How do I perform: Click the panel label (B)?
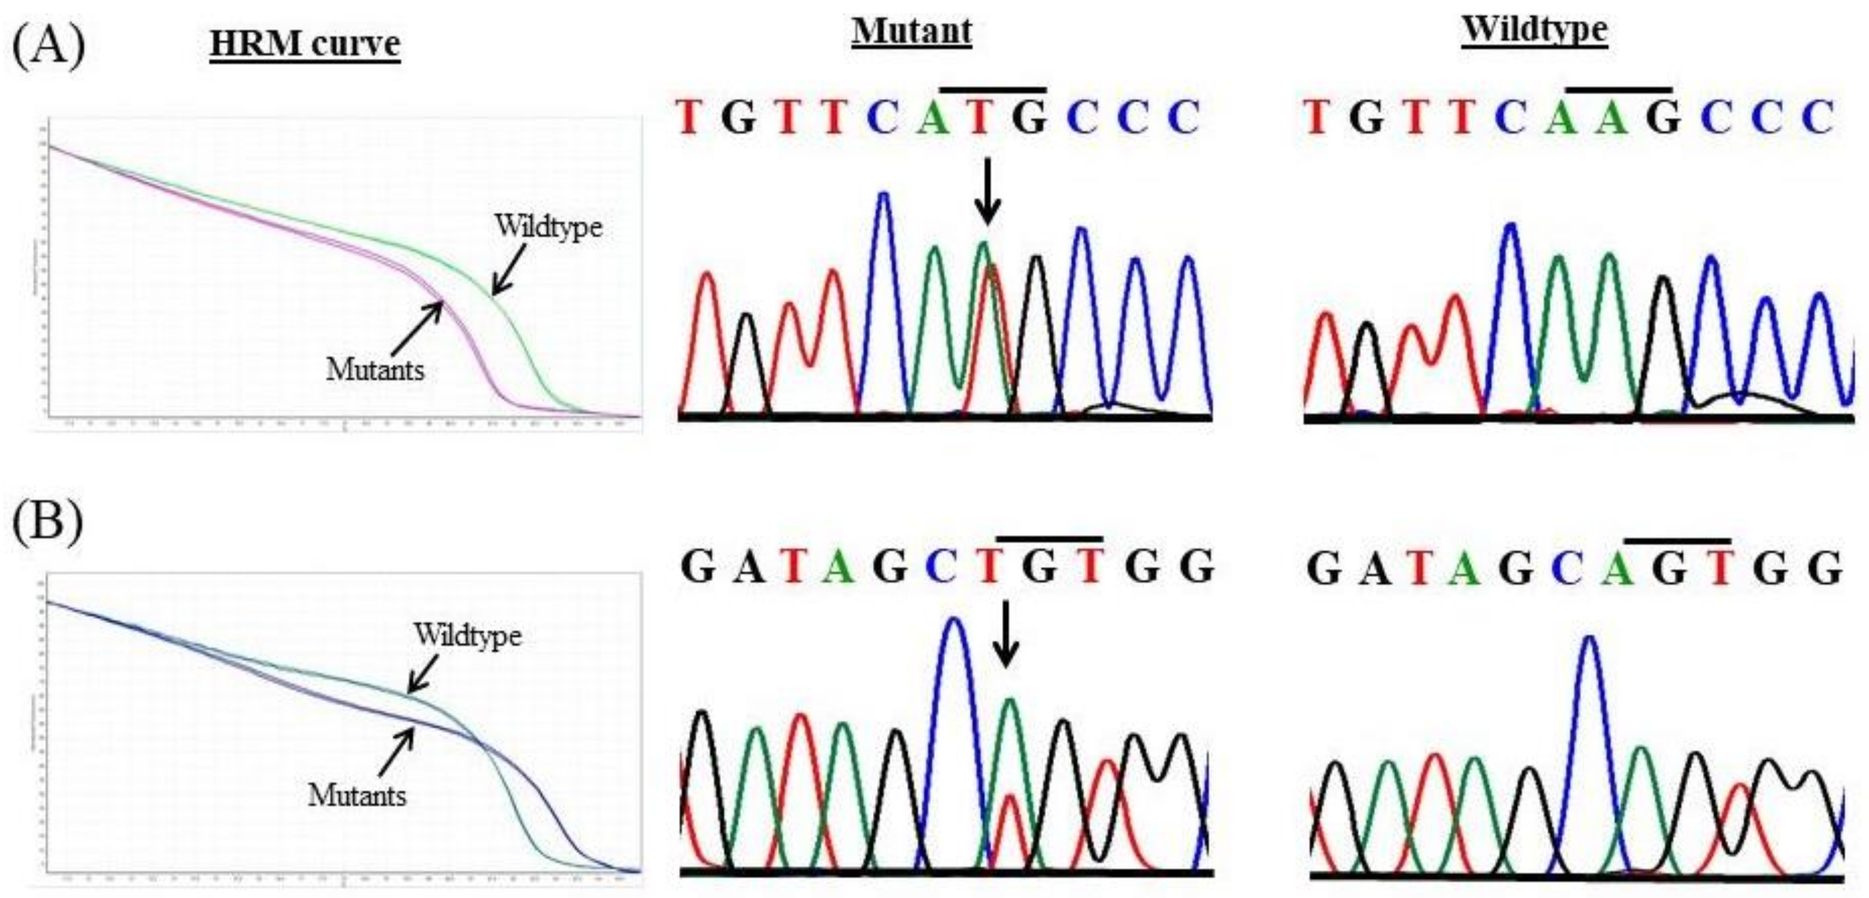click(48, 521)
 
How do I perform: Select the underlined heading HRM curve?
click(305, 44)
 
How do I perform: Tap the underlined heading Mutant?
click(912, 32)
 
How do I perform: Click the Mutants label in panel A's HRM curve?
click(375, 370)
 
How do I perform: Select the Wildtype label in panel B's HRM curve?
click(468, 635)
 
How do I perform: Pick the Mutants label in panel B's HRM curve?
click(357, 796)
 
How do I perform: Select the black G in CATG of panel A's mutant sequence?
click(1029, 118)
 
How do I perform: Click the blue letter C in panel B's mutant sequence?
click(941, 568)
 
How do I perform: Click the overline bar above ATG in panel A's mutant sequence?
click(992, 89)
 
